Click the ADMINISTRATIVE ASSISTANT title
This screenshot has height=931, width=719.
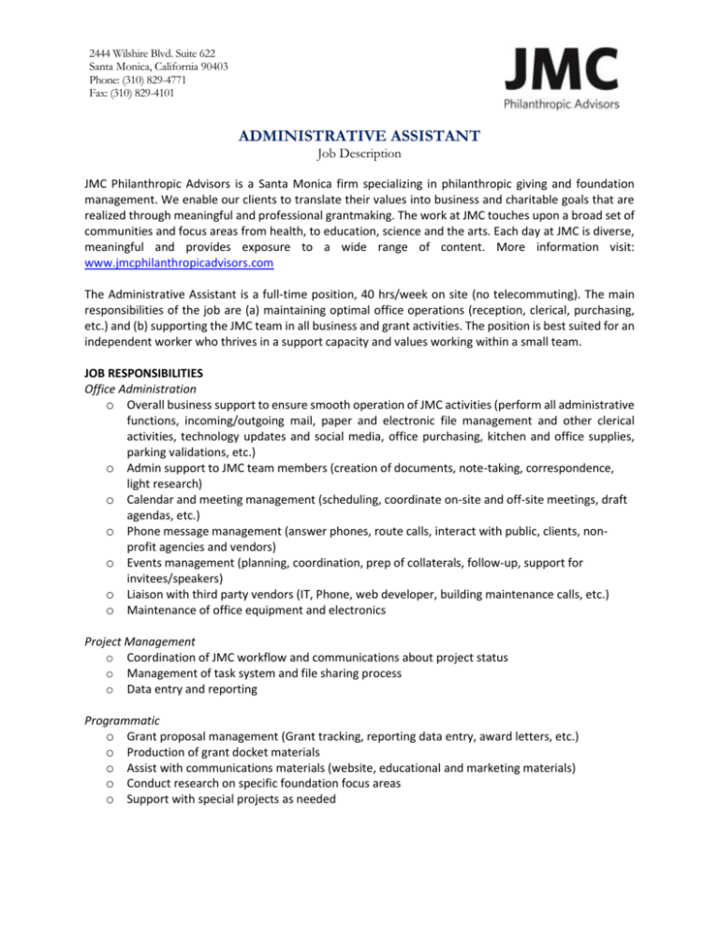[358, 138]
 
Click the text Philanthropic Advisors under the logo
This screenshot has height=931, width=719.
[562, 105]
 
